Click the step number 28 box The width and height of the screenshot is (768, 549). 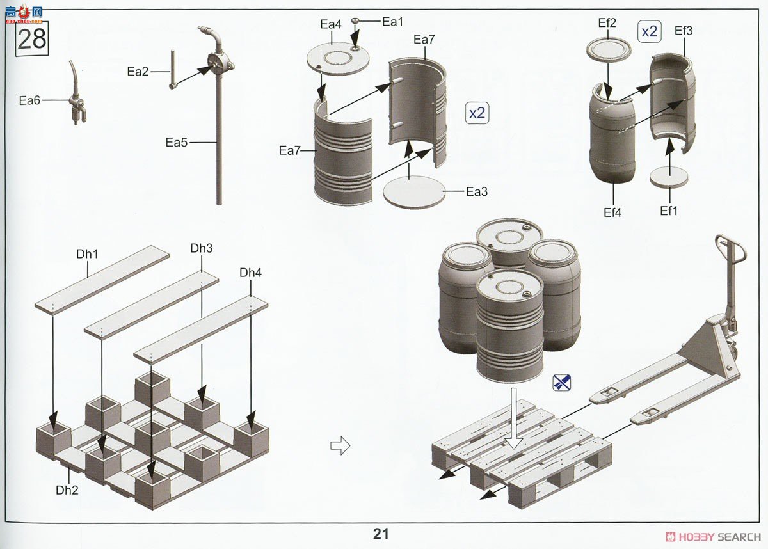point(32,39)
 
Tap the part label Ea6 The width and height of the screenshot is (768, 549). point(29,100)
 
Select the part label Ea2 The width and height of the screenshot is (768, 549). point(138,72)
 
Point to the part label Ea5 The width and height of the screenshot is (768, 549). point(176,142)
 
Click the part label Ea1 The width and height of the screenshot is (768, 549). point(392,22)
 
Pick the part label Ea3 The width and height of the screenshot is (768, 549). point(477,192)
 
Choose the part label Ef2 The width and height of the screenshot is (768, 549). point(607,23)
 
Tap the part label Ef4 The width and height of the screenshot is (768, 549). point(612,213)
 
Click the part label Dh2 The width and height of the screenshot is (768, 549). point(67,490)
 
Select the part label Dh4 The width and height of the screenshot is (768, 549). point(250,273)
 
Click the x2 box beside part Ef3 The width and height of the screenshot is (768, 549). point(650,32)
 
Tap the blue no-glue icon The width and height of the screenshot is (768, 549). point(562,382)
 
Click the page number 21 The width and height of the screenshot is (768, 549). point(381,534)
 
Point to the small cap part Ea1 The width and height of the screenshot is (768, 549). point(355,21)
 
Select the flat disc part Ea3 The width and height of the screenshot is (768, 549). point(414,191)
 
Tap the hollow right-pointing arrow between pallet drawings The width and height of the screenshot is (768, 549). point(340,446)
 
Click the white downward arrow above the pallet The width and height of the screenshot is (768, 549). point(513,418)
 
